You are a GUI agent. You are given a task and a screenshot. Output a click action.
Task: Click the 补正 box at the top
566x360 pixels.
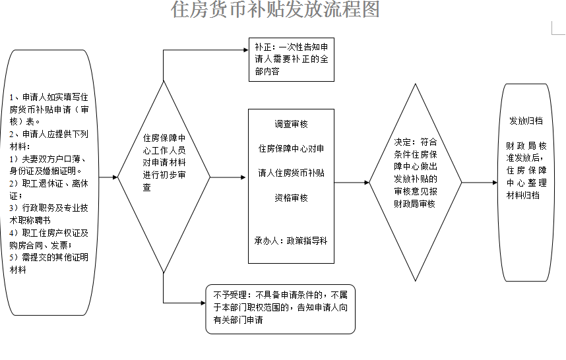point(290,59)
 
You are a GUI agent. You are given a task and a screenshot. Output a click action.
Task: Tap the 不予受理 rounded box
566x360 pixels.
point(280,307)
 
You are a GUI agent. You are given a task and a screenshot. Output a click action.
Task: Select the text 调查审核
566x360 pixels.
point(291,125)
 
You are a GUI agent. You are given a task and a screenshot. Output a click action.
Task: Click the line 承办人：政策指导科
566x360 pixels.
point(291,241)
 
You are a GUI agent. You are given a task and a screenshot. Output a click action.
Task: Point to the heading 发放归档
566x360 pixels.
point(526,121)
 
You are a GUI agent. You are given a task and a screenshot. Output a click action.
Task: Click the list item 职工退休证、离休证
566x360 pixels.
point(49,189)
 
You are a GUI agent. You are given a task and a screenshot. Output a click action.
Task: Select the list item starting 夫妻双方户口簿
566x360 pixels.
point(49,165)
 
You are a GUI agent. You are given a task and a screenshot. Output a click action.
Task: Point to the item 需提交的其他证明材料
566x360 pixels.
point(49,263)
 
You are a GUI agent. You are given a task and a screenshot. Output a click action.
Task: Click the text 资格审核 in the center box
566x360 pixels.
point(291,198)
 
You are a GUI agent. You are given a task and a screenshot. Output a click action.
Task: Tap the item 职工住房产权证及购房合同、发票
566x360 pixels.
point(49,239)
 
